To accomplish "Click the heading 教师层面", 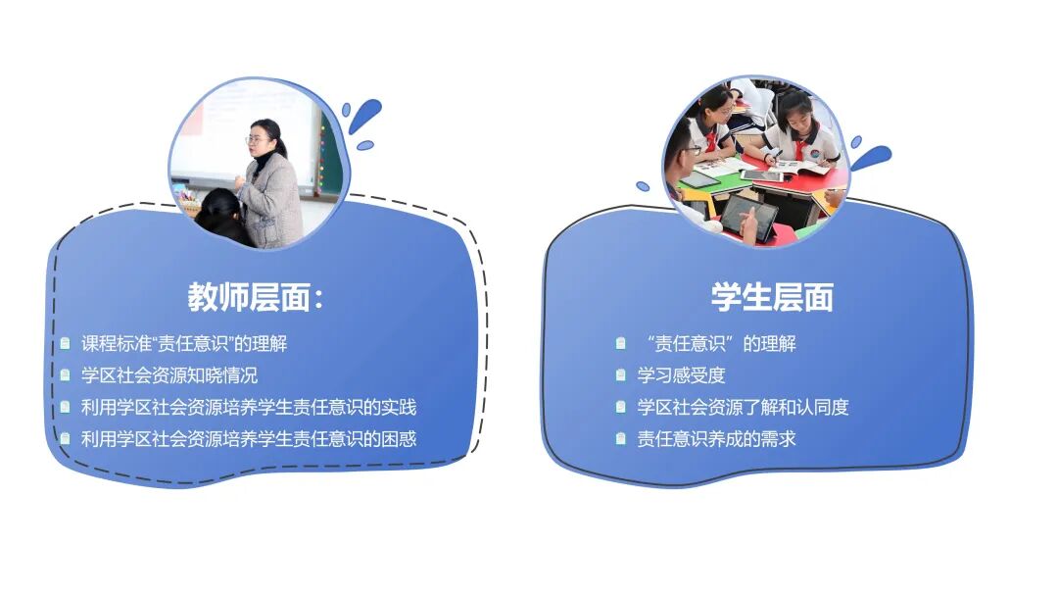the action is (248, 297).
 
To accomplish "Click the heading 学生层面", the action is (772, 297).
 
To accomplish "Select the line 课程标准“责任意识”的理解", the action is (184, 343).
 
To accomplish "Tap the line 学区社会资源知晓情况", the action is (169, 375).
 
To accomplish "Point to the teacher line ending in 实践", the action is (249, 407).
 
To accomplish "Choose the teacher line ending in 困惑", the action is (249, 439).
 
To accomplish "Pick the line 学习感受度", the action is (682, 375).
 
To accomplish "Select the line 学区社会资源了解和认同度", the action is (743, 407).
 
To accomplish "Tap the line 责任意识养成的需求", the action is (716, 439).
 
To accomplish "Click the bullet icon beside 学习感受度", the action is (621, 375).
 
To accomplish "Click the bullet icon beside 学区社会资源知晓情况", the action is (65, 375).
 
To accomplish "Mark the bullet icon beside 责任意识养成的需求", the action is (621, 439).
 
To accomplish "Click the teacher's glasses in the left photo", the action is (255, 140).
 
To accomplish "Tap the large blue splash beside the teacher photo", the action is (364, 115).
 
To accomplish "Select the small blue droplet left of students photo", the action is (643, 186).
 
